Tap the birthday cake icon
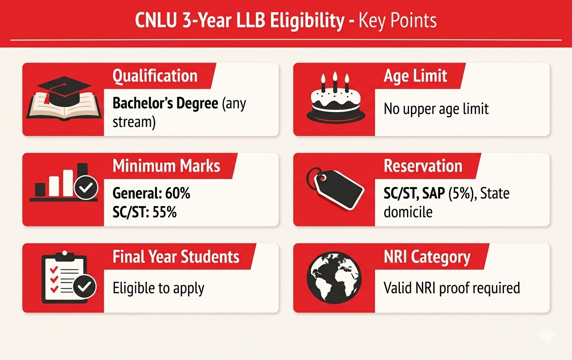(x=335, y=102)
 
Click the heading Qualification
(x=155, y=76)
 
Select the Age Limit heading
(x=415, y=76)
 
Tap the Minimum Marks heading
(x=166, y=166)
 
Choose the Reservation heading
(x=423, y=166)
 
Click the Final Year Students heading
(x=176, y=257)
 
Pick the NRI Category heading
(x=427, y=257)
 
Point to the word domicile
(x=408, y=212)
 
